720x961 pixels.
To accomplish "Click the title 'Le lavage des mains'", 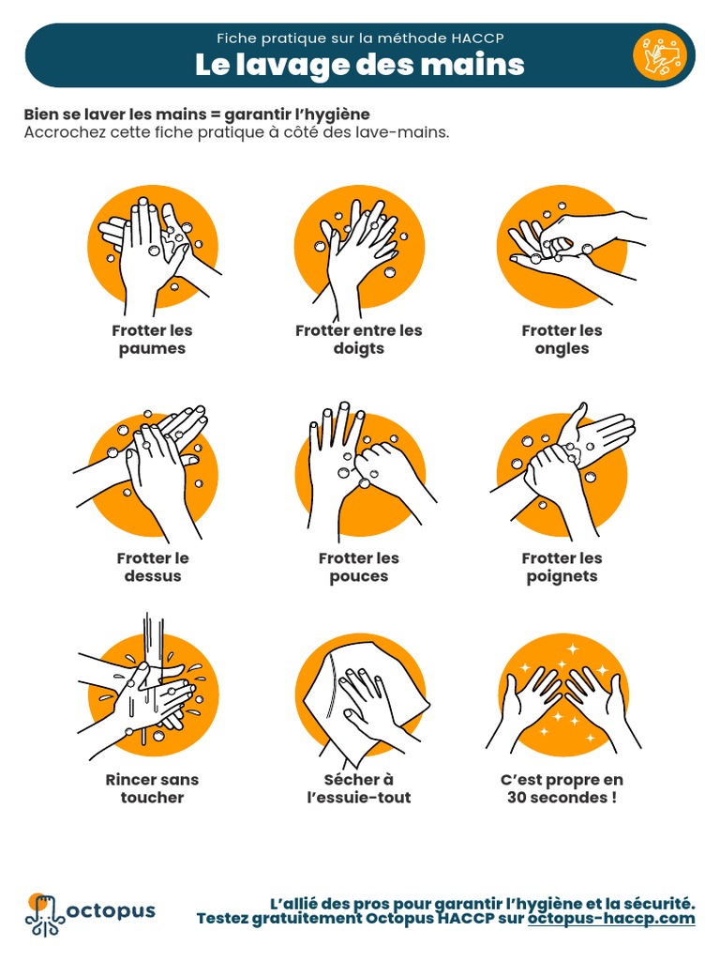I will coord(359,65).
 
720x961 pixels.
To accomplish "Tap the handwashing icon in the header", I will coord(660,55).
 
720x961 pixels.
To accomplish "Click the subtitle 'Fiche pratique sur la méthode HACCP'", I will coord(359,38).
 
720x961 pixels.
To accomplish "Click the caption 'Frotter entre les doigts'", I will coord(359,339).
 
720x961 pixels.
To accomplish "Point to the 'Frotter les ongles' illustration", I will coord(562,246).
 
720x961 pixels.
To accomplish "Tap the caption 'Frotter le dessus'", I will coord(153,567).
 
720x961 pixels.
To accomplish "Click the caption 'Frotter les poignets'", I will coord(562,567).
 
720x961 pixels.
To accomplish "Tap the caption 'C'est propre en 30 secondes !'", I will coord(562,788).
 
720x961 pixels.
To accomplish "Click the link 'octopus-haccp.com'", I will coord(611,918).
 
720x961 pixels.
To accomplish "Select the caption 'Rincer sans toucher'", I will coord(153,788).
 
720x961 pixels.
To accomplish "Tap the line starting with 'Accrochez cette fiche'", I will coord(236,132).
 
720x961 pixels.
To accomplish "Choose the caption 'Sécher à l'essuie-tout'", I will coord(359,788).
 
